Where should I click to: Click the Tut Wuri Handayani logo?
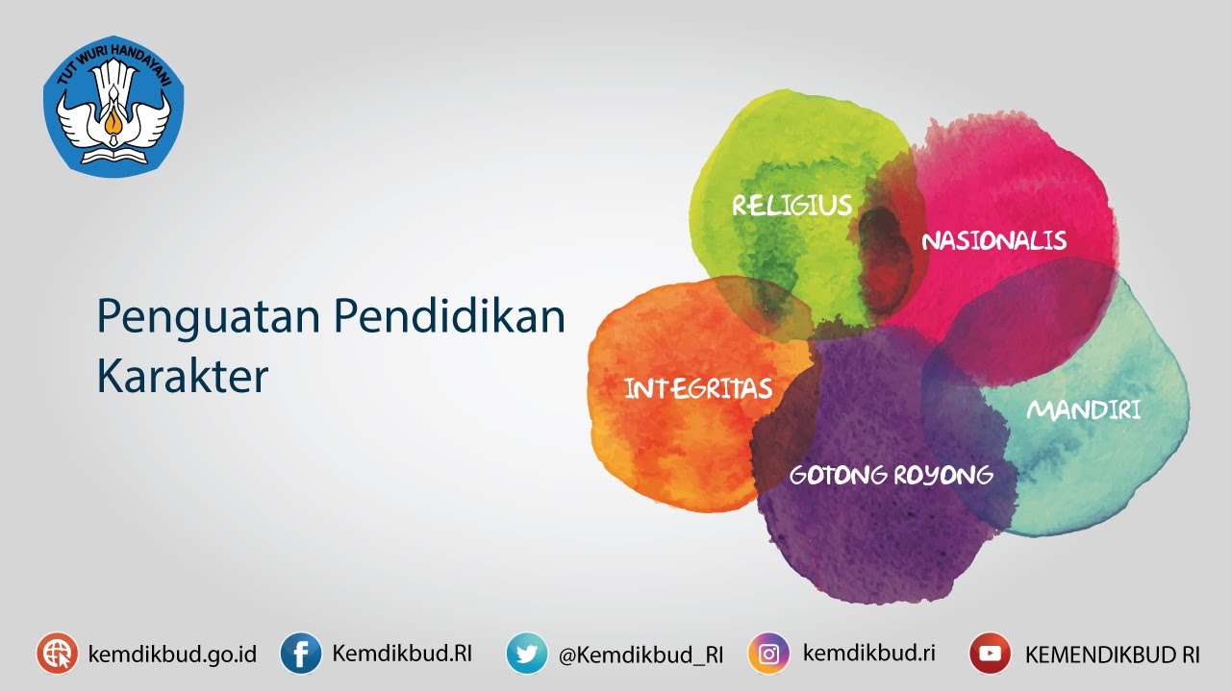pos(113,106)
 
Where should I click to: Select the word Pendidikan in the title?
pos(449,316)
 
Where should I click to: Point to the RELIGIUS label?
pos(792,205)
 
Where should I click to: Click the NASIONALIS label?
pos(994,240)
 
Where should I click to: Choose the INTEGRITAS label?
pos(698,389)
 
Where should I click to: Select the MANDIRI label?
pos(1084,409)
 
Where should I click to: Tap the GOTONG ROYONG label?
pos(891,475)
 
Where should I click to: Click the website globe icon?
pos(57,653)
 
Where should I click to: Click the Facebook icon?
pos(301,653)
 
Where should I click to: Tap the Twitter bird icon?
pos(526,653)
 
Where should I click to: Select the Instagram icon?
pos(768,653)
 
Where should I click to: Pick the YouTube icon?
pos(990,653)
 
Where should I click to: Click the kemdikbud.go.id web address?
pos(172,655)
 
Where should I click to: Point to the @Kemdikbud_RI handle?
pos(641,655)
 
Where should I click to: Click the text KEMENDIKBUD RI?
pos(1113,655)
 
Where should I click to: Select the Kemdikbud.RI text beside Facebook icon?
pos(402,653)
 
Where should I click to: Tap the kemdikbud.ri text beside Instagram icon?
pos(869,653)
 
